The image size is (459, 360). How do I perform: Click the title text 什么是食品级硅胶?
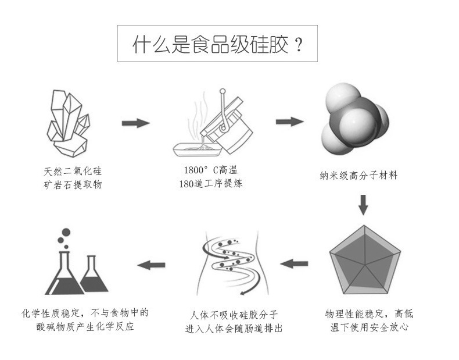tap(210, 45)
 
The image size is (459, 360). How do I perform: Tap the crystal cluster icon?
tap(69, 123)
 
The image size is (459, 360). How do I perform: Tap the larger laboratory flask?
tap(64, 272)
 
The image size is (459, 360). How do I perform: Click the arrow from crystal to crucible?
tap(135, 123)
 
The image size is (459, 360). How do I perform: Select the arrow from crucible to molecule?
tap(289, 122)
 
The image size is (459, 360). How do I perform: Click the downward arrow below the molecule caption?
tap(363, 203)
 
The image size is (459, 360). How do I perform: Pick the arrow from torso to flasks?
tap(151, 265)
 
